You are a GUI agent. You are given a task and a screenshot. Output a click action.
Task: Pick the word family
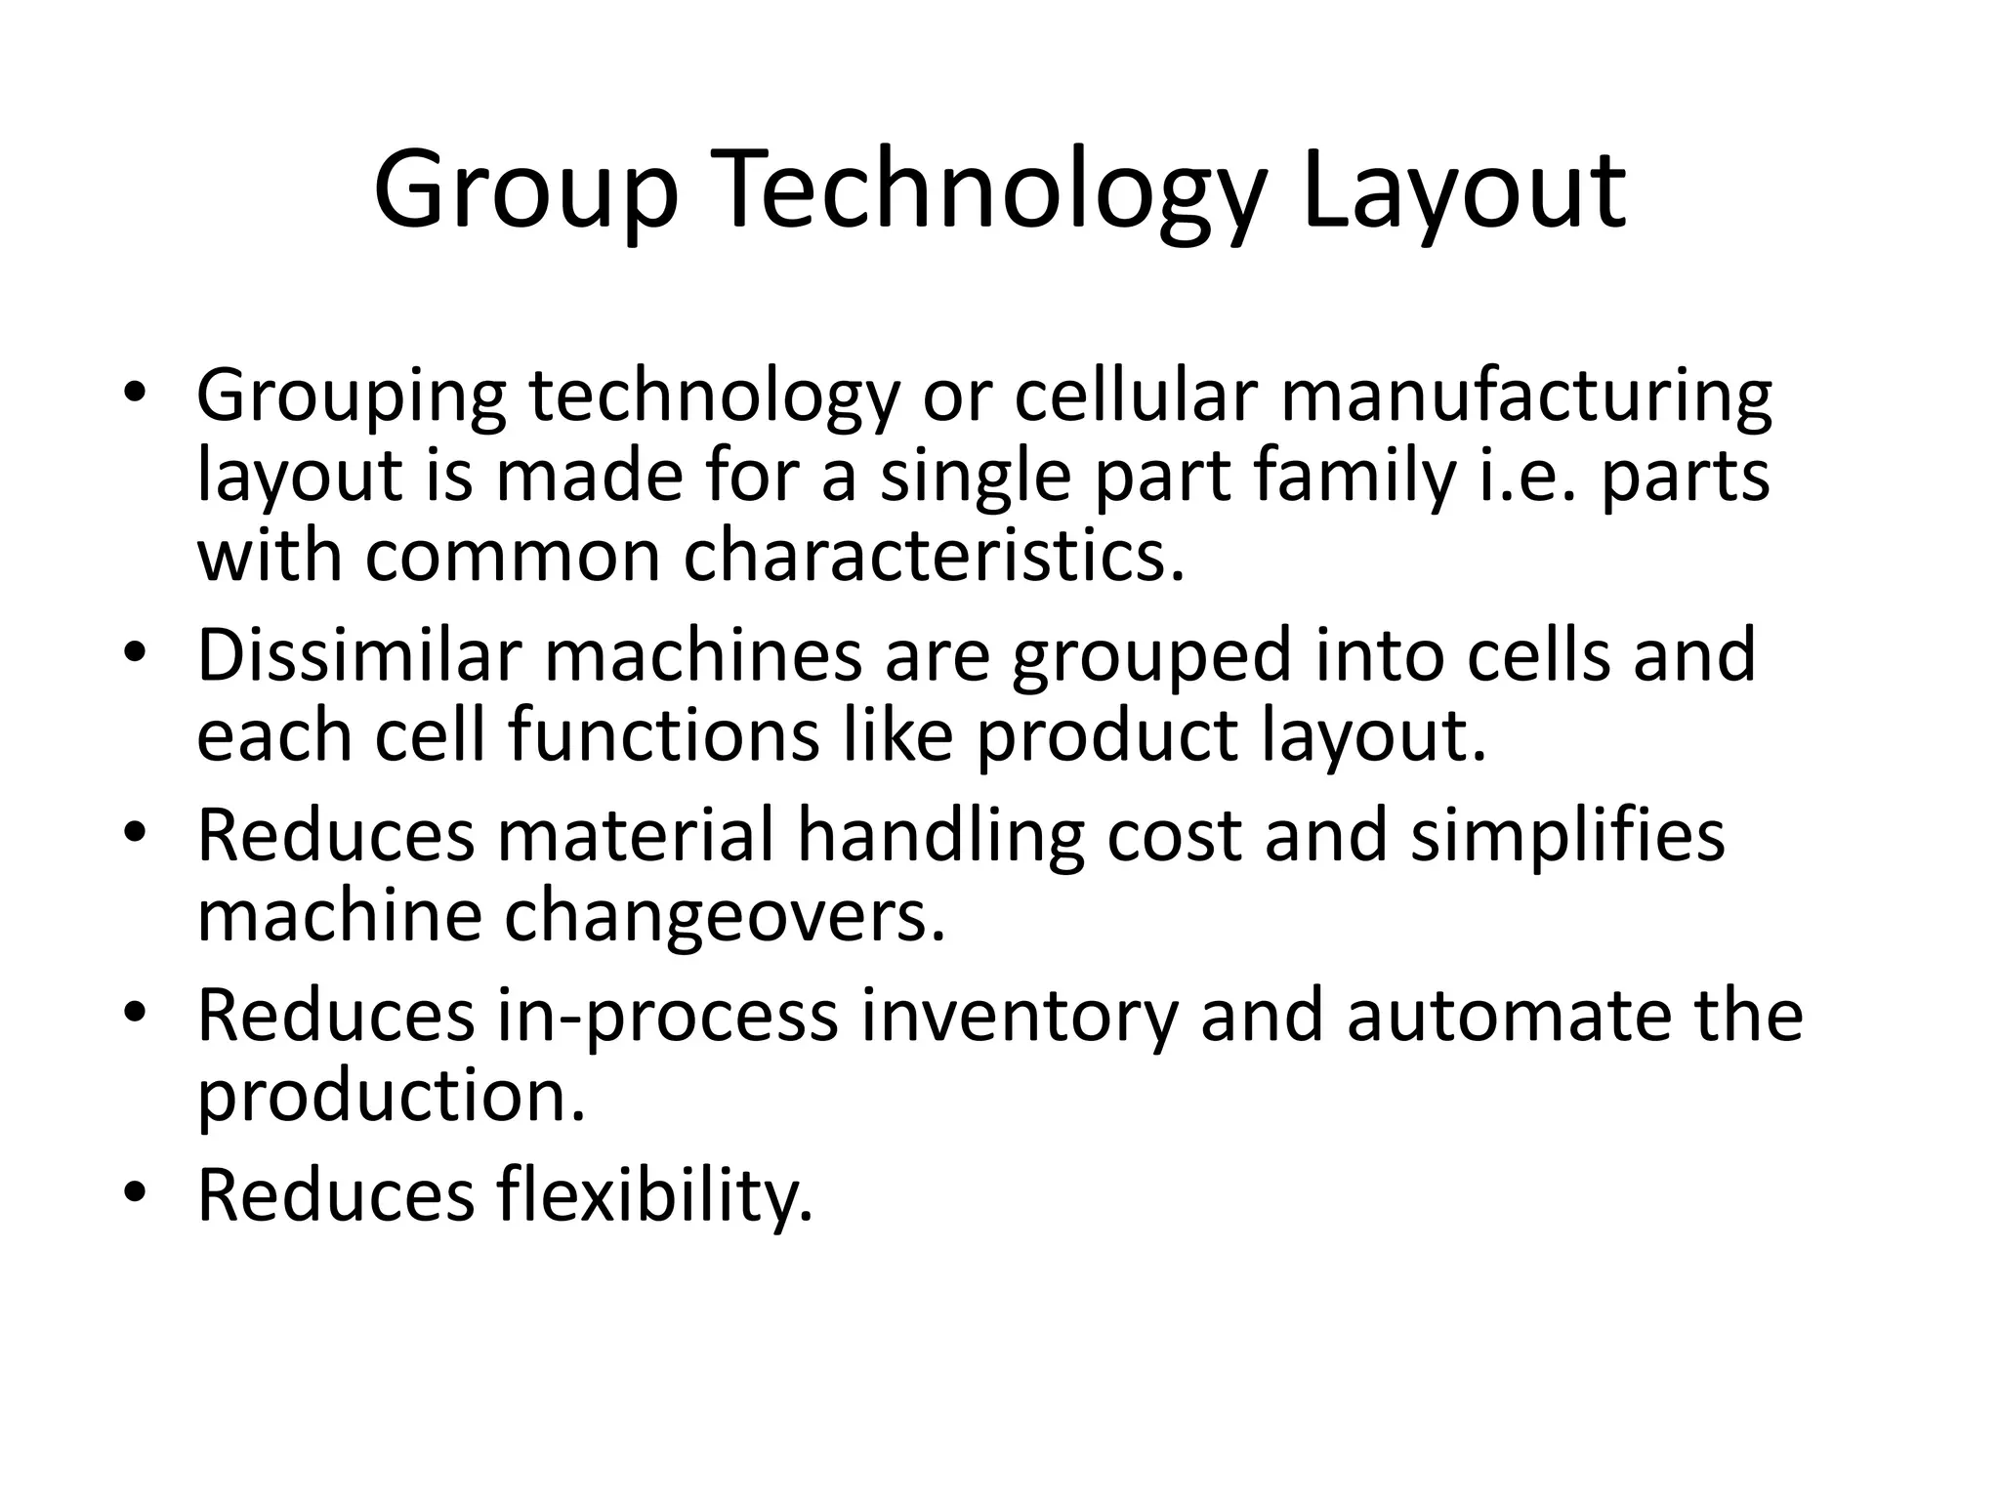point(1354,477)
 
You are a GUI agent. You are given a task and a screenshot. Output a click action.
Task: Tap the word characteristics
point(934,556)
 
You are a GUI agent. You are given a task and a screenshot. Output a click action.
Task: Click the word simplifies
point(1567,836)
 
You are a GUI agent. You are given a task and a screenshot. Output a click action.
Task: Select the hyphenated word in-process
point(667,1016)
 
